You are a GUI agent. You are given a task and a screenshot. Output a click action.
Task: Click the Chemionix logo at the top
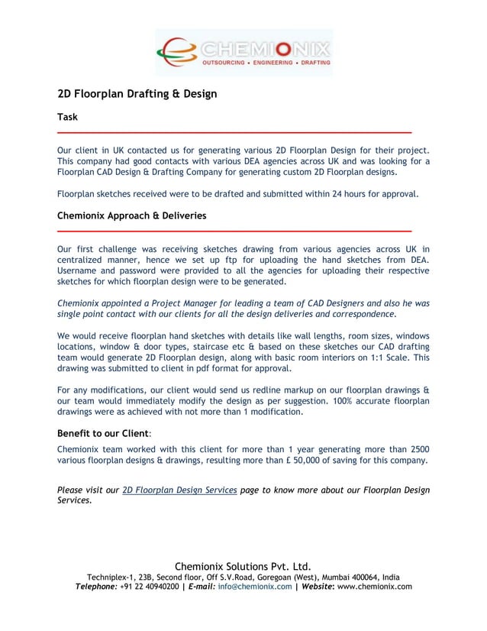(x=243, y=53)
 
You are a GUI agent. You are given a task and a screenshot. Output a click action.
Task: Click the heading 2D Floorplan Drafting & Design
(x=137, y=94)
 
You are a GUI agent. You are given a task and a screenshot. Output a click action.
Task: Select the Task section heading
(x=67, y=117)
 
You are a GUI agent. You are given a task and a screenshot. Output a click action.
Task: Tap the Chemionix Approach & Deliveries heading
(x=131, y=216)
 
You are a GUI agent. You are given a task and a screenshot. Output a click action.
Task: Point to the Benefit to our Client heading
(x=105, y=433)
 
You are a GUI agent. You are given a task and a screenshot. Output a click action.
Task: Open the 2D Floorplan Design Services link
(x=179, y=490)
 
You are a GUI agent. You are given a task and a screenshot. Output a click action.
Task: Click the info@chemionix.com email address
(x=255, y=587)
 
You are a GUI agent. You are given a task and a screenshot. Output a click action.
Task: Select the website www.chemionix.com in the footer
(x=374, y=587)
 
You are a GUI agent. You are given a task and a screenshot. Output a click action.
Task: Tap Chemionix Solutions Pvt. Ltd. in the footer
(x=243, y=565)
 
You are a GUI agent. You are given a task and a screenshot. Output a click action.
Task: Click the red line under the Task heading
(x=234, y=132)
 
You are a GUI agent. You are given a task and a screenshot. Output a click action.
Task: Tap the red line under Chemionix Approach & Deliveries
(x=234, y=231)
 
